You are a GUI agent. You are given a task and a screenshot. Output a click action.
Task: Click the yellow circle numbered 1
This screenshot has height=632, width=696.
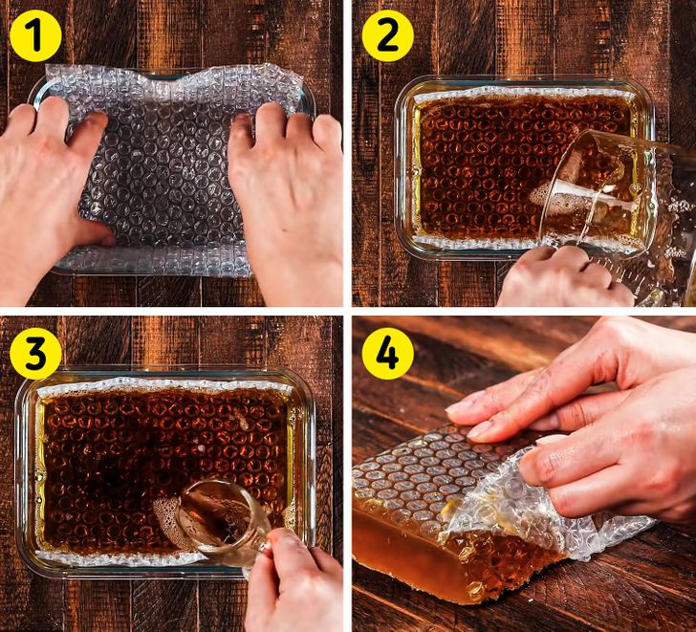[x=35, y=35]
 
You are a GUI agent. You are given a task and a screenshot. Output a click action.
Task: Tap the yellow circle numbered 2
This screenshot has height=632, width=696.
[x=388, y=35]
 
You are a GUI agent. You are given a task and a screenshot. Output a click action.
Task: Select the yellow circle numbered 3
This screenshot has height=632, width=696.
[x=35, y=354]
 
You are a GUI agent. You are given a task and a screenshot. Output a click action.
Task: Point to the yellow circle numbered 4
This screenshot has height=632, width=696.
[x=388, y=354]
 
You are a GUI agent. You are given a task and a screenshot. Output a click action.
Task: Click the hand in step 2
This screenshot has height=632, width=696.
[x=564, y=277]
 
